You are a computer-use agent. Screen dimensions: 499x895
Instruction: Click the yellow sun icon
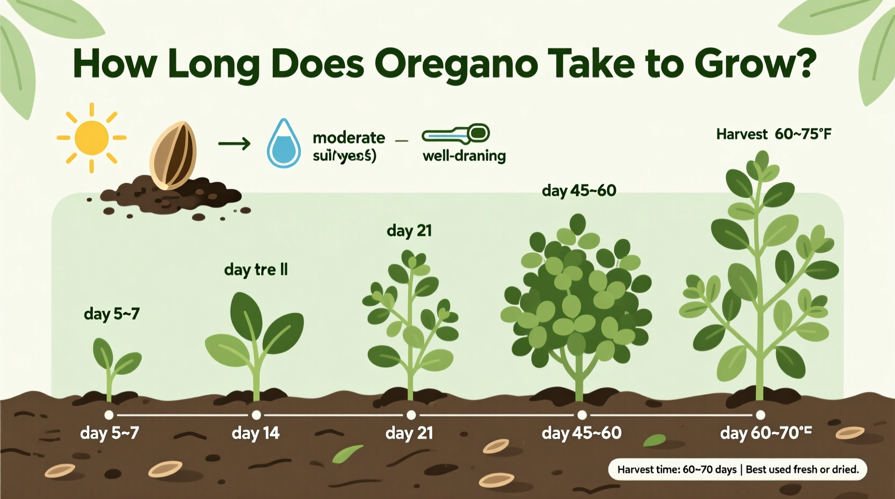[x=91, y=138]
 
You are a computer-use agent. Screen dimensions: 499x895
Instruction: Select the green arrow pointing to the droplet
[x=235, y=144]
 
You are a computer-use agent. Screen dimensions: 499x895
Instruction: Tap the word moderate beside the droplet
[x=349, y=138]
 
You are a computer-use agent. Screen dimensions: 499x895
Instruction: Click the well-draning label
[x=464, y=156]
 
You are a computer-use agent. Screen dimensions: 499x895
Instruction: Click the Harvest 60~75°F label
[x=773, y=134]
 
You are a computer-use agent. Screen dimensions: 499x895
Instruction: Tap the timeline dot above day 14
[x=257, y=415]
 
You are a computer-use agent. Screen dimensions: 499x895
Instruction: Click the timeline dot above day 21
[x=411, y=415]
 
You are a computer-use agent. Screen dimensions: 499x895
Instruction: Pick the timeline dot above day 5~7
[x=109, y=415]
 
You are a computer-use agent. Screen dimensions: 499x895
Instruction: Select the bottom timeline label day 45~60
[x=581, y=433]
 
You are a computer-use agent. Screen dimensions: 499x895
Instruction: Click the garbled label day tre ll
[x=256, y=269]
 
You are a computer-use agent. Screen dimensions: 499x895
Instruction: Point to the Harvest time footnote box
[x=737, y=469]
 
